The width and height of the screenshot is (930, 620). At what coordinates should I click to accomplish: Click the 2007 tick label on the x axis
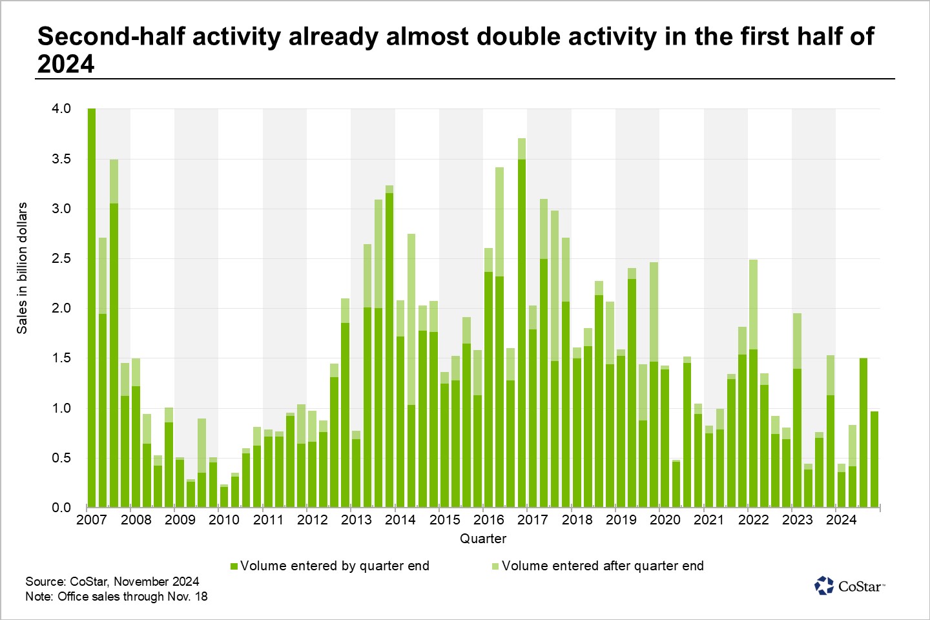pyautogui.click(x=92, y=520)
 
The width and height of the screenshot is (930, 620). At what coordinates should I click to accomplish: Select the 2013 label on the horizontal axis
pyautogui.click(x=356, y=520)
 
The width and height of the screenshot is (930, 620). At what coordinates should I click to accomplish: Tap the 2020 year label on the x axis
pyautogui.click(x=665, y=520)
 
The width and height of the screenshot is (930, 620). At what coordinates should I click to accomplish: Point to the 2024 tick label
pyautogui.click(x=841, y=520)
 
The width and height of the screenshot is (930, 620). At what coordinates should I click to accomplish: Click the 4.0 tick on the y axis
pyautogui.click(x=61, y=108)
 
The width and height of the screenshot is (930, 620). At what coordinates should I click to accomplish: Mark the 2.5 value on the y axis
pyautogui.click(x=61, y=258)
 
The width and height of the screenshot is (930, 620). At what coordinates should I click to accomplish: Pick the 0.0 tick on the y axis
pyautogui.click(x=61, y=508)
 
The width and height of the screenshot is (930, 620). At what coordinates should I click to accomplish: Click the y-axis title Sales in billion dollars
pyautogui.click(x=23, y=268)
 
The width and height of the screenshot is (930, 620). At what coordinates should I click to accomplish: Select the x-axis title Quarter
pyautogui.click(x=483, y=539)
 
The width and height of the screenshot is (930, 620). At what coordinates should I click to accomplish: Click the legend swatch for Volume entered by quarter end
pyautogui.click(x=234, y=566)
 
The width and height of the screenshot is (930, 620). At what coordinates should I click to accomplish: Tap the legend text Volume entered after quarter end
pyautogui.click(x=602, y=566)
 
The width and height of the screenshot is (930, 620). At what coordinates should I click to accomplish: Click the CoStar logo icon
pyautogui.click(x=824, y=586)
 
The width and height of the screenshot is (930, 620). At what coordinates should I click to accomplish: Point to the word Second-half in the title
pyautogui.click(x=110, y=37)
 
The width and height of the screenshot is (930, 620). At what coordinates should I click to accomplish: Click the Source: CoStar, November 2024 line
pyautogui.click(x=112, y=581)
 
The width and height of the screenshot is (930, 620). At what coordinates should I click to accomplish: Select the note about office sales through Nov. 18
pyautogui.click(x=116, y=596)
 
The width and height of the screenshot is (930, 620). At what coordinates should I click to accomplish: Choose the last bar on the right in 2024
pyautogui.click(x=874, y=459)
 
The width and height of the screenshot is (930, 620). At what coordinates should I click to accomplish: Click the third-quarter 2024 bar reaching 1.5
pyautogui.click(x=863, y=433)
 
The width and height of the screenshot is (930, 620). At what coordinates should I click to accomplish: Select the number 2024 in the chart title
pyautogui.click(x=66, y=65)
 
